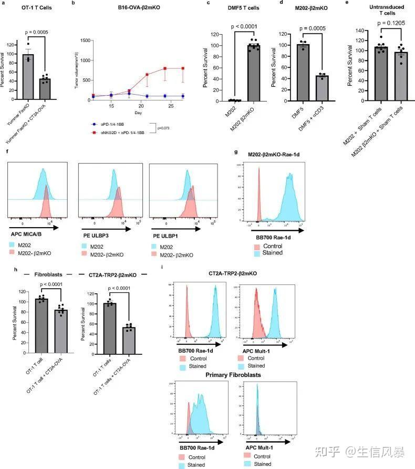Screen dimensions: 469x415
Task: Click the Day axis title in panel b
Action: pos(138,113)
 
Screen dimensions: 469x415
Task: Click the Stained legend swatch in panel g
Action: pos(257,253)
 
